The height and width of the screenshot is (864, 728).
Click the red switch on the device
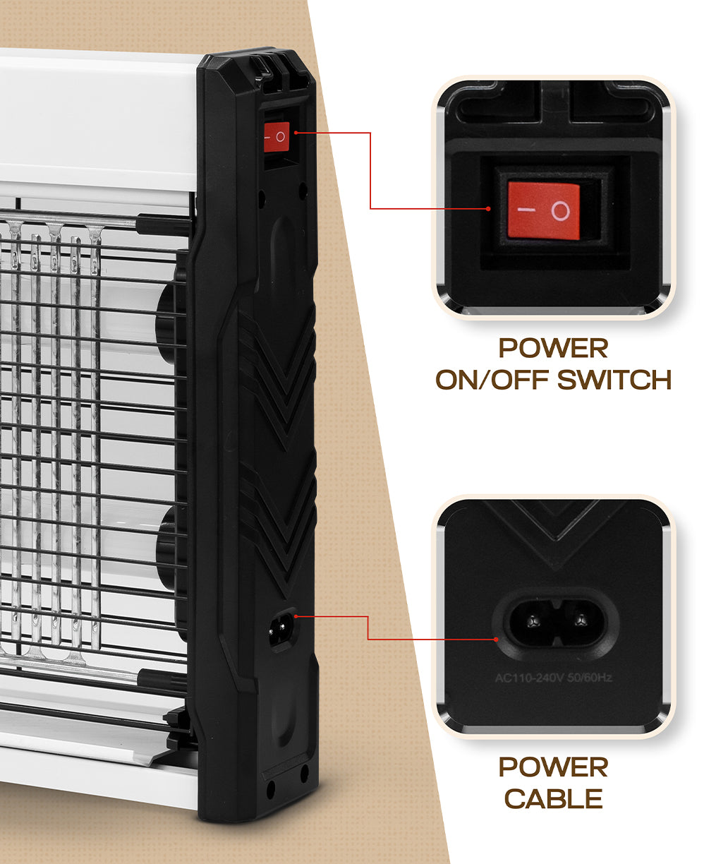click(x=277, y=137)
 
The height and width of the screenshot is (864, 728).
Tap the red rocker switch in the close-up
click(x=543, y=210)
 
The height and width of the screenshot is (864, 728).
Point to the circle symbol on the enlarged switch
click(x=561, y=211)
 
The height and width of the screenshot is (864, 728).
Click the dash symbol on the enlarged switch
click(x=526, y=210)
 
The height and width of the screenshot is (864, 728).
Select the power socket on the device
click(x=282, y=630)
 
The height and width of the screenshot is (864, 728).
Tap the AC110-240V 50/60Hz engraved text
click(x=554, y=678)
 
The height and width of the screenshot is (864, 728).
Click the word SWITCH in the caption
click(x=614, y=380)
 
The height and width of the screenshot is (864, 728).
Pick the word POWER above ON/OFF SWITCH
click(x=553, y=348)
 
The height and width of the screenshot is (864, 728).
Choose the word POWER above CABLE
click(x=553, y=767)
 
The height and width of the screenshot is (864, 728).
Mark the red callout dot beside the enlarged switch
click(x=488, y=208)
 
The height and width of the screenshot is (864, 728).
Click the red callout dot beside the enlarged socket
click(x=496, y=640)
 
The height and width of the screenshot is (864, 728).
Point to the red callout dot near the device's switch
click(x=296, y=133)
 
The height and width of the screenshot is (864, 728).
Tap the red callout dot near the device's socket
click(x=296, y=616)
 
